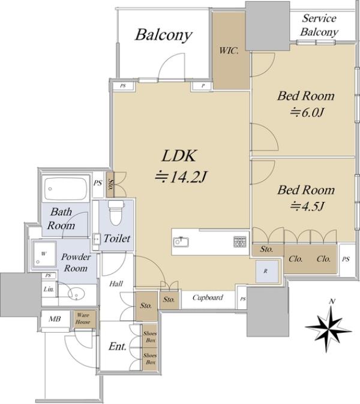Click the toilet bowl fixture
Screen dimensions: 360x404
(116, 213)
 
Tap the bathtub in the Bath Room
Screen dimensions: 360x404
(65, 189)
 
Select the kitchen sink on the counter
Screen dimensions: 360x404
(181, 242)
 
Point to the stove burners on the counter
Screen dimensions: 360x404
(240, 242)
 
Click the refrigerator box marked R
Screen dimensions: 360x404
(266, 272)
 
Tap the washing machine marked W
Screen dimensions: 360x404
(44, 254)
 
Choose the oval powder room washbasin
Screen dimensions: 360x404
(77, 294)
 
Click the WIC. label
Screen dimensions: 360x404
(229, 51)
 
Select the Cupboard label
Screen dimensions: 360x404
(208, 297)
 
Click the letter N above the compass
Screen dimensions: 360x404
(332, 301)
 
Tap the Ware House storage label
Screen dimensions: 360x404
(83, 318)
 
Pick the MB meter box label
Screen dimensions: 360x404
(55, 319)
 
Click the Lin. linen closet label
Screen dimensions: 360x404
(49, 289)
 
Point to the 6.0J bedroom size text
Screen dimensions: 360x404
(307, 113)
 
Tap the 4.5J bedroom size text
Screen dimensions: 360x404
(307, 206)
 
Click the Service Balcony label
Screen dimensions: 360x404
(319, 25)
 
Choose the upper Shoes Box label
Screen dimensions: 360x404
(150, 337)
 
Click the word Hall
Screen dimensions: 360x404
(116, 284)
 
